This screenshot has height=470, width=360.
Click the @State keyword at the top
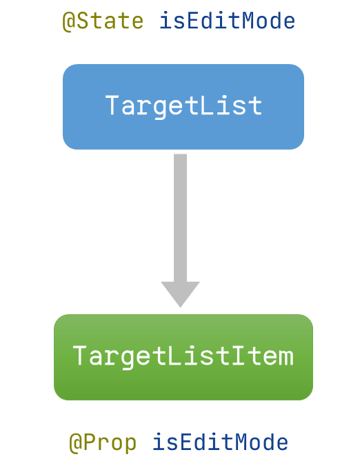click(103, 21)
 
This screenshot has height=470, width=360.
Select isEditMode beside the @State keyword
click(228, 21)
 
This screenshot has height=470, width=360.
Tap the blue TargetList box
click(183, 107)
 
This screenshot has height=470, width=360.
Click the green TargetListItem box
click(183, 357)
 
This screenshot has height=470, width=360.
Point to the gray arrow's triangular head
click(180, 293)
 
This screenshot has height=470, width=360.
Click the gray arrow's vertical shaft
click(180, 218)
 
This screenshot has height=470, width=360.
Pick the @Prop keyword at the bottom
click(103, 443)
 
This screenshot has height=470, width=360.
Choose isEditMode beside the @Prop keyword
click(220, 442)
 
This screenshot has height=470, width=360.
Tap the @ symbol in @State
click(69, 21)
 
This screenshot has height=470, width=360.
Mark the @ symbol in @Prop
click(76, 444)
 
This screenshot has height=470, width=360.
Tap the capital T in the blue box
click(112, 105)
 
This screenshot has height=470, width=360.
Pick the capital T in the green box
click(80, 356)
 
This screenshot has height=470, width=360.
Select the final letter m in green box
click(286, 358)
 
